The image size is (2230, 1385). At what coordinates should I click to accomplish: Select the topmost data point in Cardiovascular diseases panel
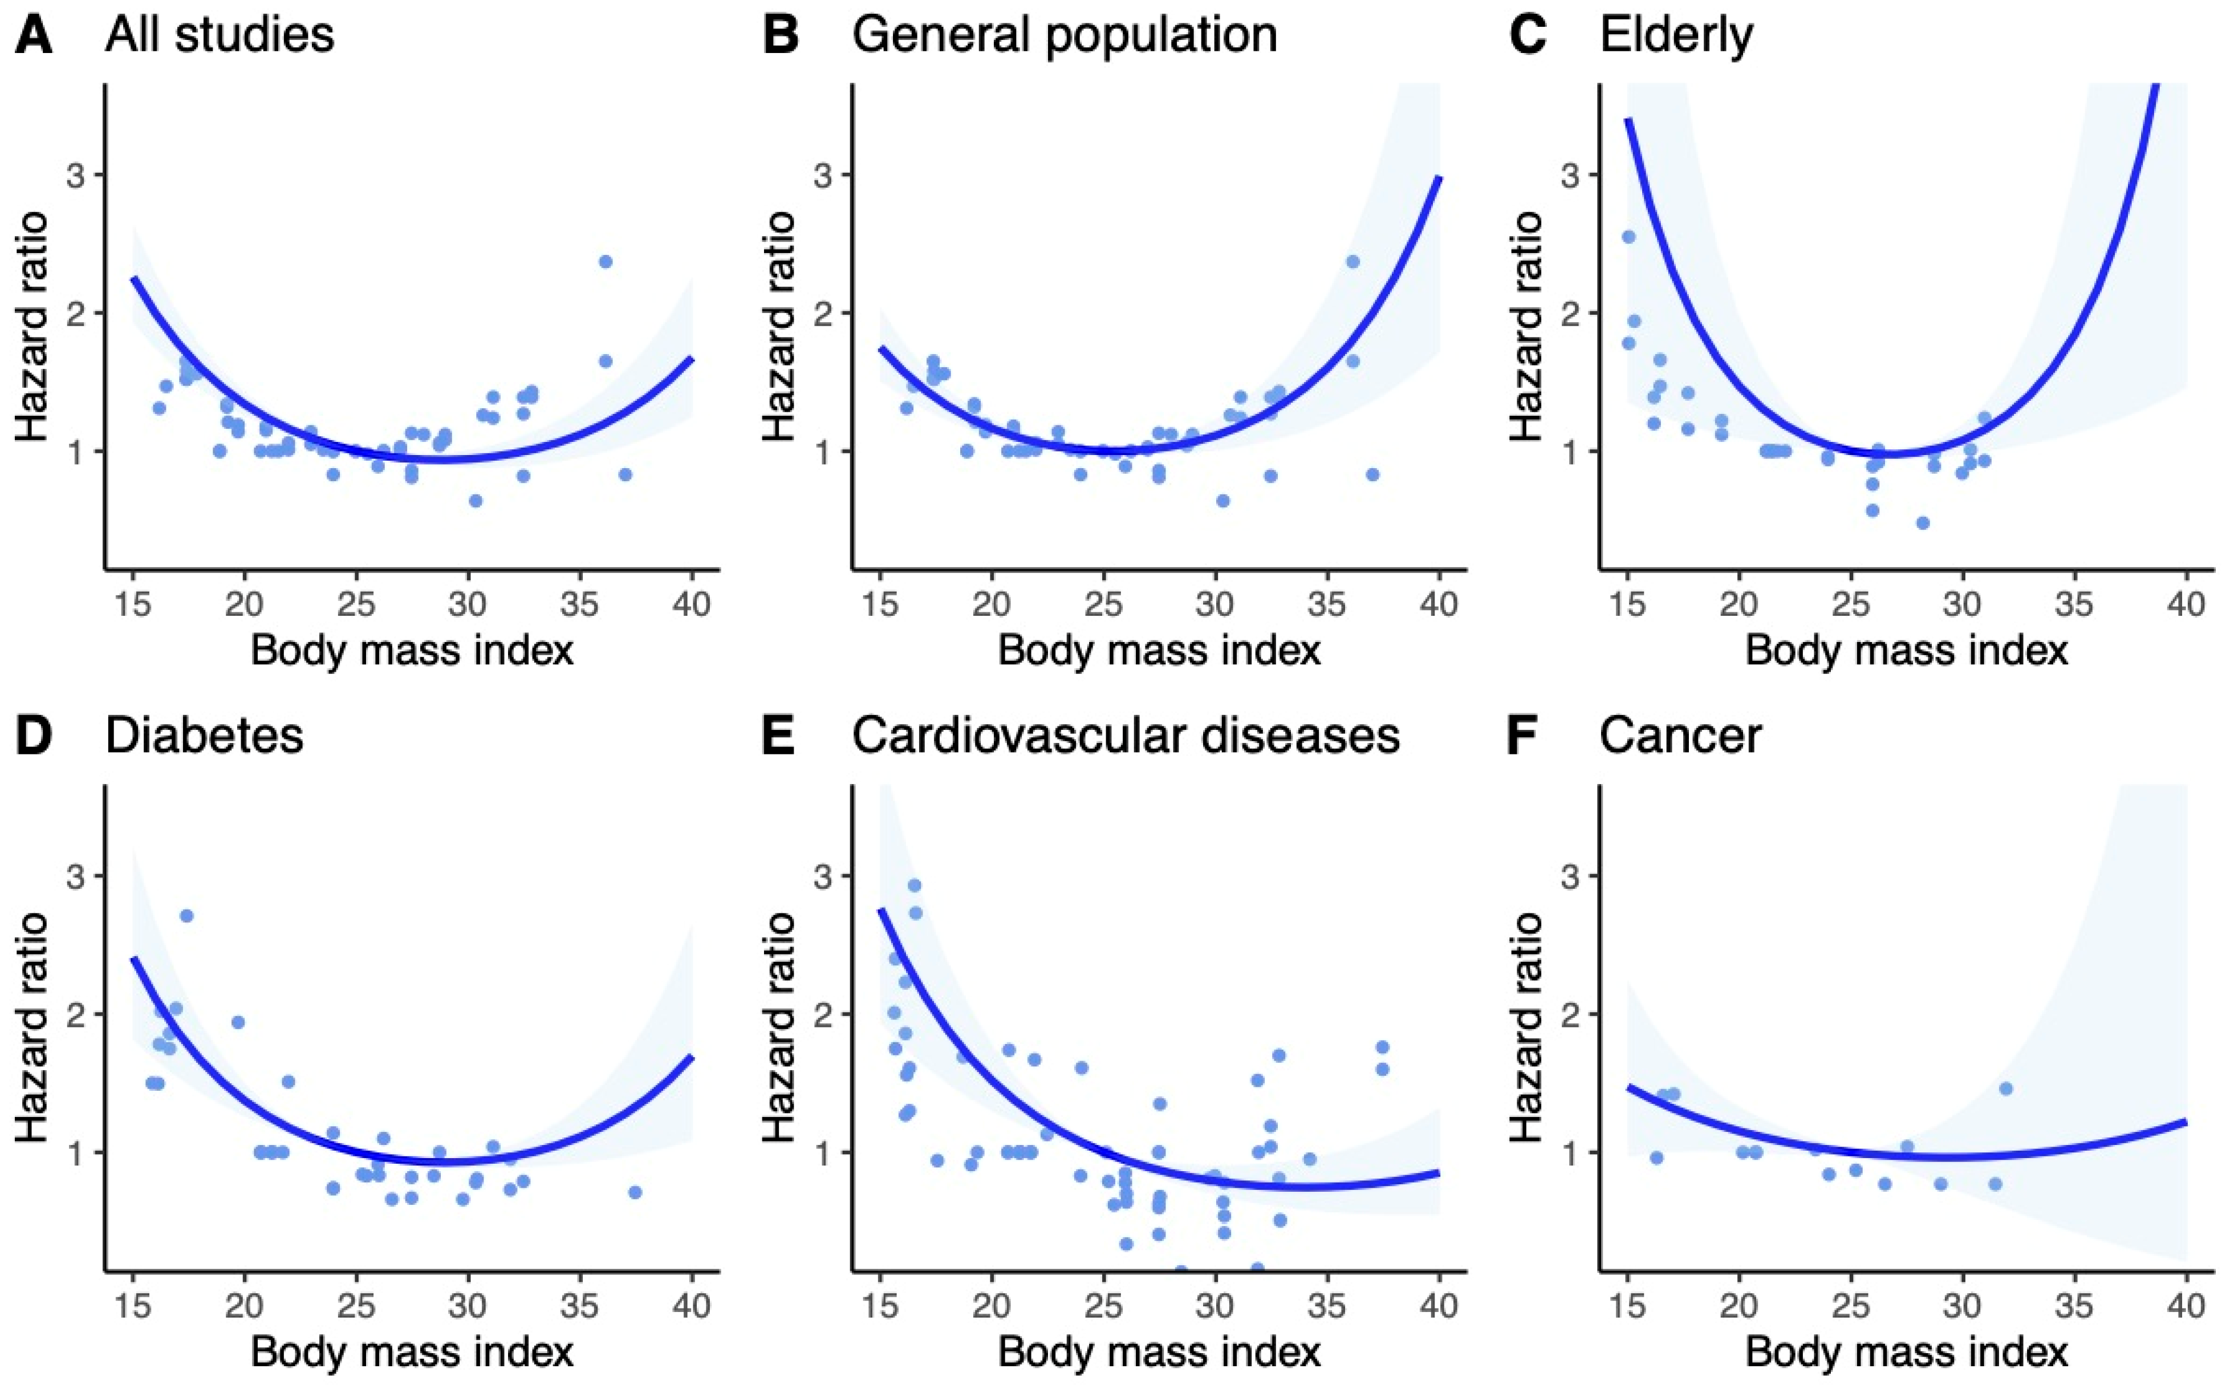tap(914, 886)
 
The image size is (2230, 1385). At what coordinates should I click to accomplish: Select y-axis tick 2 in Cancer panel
tap(1571, 1014)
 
